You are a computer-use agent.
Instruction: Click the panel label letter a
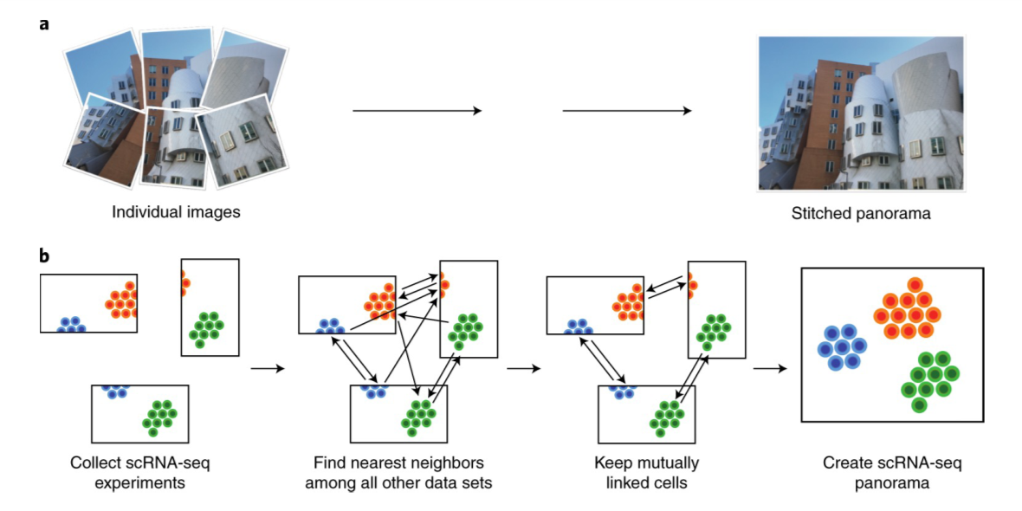pos(44,23)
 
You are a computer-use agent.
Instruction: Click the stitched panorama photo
pos(861,113)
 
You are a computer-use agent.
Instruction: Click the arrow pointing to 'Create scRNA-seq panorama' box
pos(769,369)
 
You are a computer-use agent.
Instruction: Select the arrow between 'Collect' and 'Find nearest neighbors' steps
pos(267,369)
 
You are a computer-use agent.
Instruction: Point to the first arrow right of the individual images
pos(416,111)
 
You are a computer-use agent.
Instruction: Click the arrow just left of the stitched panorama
pos(627,111)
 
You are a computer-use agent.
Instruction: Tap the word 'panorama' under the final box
pos(891,482)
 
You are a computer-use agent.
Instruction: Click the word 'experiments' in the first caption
pos(140,482)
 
